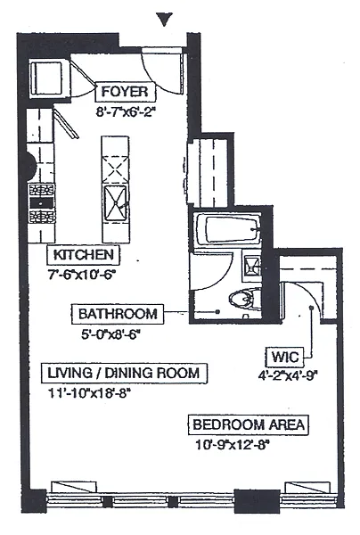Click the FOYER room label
125,92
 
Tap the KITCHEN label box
83,255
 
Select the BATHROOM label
118,314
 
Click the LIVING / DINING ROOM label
124,373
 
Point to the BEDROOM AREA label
249,425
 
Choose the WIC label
284,358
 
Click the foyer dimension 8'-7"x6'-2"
126,112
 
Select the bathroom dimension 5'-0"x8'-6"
111,334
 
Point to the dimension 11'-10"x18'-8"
89,393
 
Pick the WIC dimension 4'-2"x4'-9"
288,375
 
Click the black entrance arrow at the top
164,19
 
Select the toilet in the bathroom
245,300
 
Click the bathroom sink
251,266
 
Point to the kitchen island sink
116,204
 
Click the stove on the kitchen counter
42,203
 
